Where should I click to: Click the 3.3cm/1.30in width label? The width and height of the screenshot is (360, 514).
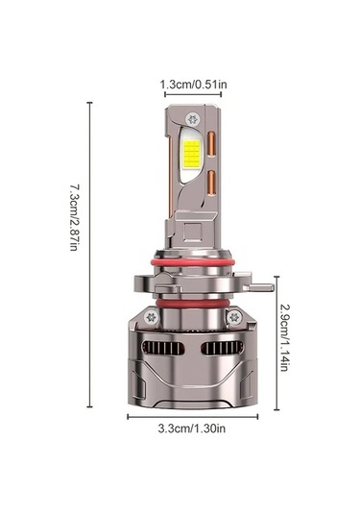tap(193, 429)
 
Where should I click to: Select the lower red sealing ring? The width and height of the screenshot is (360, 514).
tap(192, 305)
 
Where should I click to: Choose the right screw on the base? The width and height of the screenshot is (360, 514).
tap(235, 316)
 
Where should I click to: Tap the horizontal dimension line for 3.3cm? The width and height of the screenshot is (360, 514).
tap(193, 416)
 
